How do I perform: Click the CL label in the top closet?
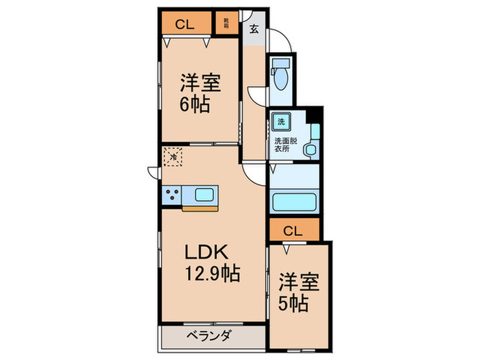[184, 25]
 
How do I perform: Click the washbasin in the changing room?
[311, 148]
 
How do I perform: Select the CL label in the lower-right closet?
[293, 230]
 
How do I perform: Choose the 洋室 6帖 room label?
[200, 95]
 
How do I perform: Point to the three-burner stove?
[172, 195]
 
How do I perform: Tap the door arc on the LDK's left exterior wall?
[152, 172]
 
